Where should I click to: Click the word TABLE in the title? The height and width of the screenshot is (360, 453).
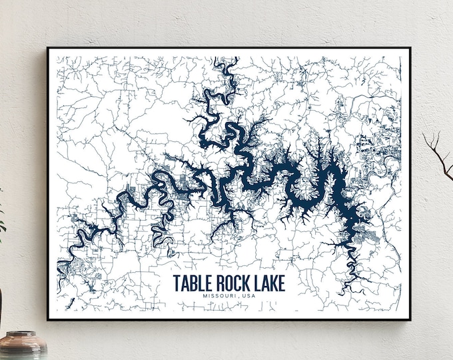(x=192, y=283)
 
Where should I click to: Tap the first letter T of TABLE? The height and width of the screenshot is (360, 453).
(x=177, y=283)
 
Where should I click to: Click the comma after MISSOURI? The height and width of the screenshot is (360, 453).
(x=236, y=299)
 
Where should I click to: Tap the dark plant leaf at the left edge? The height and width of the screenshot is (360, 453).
(x=2, y=220)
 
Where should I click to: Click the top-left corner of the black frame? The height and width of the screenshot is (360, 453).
(x=48, y=48)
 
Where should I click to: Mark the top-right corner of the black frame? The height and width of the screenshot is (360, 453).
(x=410, y=48)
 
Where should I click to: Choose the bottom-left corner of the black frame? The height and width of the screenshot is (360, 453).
(x=48, y=319)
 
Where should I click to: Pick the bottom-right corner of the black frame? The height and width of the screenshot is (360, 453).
(x=410, y=319)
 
